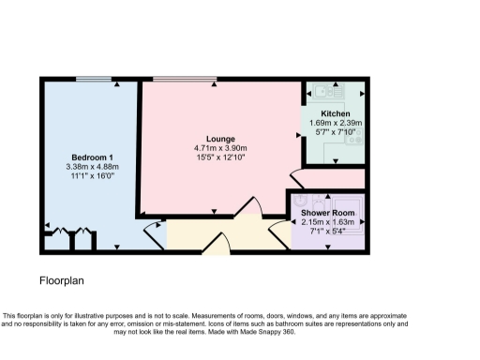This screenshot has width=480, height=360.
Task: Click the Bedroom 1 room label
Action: tap(92, 156)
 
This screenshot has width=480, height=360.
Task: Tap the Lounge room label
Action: tap(220, 139)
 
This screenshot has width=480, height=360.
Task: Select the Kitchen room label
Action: tap(335, 112)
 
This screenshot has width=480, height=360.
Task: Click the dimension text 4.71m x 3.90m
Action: tap(220, 148)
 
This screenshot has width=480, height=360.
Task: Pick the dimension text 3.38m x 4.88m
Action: tap(92, 166)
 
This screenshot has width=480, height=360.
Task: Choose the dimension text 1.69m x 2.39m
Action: tap(335, 122)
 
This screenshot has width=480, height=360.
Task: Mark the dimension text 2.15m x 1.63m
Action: tap(326, 223)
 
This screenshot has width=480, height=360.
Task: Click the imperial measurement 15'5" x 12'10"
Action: tap(220, 157)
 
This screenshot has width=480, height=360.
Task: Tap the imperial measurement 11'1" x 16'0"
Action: tap(92, 175)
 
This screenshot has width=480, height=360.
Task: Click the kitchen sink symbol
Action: tap(329, 92)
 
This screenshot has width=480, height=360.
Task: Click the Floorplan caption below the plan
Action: tap(63, 280)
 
